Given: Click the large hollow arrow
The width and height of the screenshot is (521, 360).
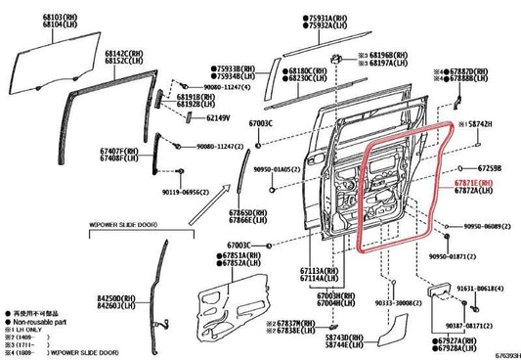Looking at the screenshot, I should [209, 209].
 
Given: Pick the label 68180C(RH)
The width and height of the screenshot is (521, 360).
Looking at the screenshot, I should [311, 70].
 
